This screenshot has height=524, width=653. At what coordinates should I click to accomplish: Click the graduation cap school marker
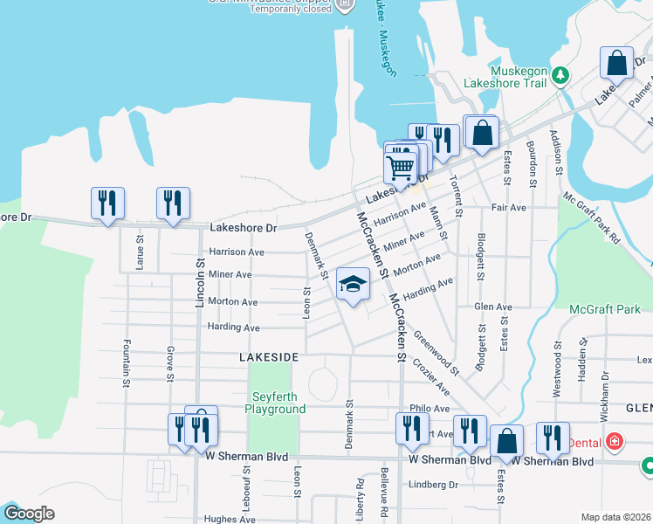point(354,284)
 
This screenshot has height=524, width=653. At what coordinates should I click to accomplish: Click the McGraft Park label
point(604,309)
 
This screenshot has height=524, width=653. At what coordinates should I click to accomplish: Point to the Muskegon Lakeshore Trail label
point(519,77)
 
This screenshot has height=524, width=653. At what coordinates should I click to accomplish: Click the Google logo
point(28,514)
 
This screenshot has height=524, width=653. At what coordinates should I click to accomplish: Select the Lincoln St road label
point(200,281)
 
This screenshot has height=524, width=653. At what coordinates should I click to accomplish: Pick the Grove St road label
point(168,363)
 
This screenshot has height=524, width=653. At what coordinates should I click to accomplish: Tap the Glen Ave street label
point(492,307)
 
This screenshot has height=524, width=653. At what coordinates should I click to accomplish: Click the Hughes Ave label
point(230,519)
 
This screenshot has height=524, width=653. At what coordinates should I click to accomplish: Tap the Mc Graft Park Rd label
point(591,218)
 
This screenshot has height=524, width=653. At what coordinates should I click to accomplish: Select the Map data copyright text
point(616,517)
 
